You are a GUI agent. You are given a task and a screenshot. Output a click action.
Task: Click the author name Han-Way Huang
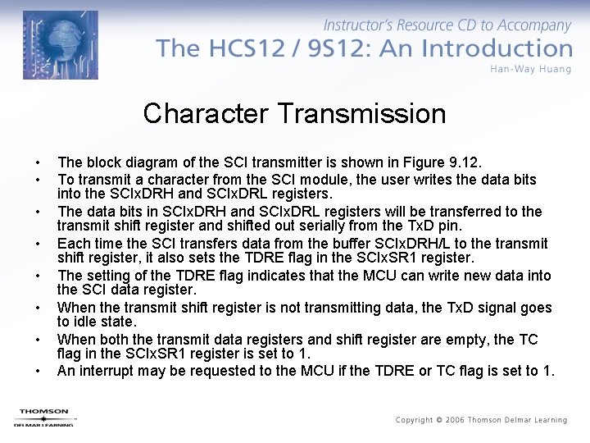point(531,69)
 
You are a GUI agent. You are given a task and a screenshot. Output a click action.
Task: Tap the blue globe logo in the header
point(61,44)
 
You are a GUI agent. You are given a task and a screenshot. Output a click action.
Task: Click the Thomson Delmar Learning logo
point(44,417)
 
